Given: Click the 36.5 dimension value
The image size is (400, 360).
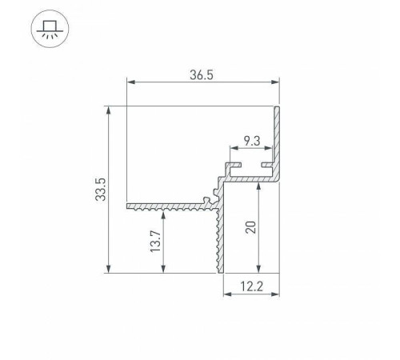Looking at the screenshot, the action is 202,75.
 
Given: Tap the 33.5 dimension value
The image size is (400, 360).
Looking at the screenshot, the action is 101,190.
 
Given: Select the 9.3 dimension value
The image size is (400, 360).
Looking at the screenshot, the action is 252,141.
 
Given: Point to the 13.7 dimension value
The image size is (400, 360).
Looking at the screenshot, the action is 155,242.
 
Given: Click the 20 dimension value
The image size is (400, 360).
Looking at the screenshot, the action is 250,227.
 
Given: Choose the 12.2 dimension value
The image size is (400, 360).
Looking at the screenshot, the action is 251,286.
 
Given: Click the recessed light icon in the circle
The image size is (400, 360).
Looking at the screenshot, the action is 50,29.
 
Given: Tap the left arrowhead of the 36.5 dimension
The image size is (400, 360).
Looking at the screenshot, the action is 131,82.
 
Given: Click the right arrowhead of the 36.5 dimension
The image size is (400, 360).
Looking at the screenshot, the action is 274,82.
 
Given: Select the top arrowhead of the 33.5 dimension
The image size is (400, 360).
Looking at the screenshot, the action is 108,110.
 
